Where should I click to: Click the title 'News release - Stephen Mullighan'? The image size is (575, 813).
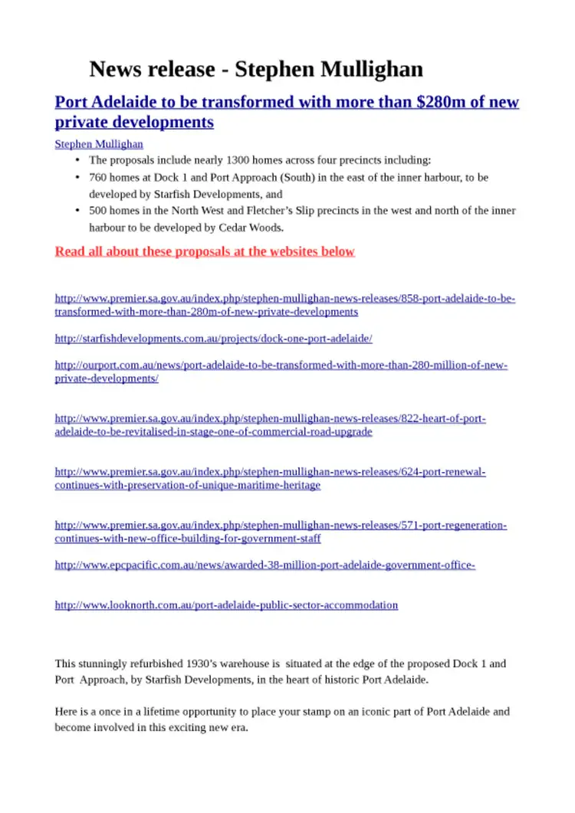click(256, 69)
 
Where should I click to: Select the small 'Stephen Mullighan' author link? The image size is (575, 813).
click(99, 143)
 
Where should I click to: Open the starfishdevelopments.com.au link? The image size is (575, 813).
click(214, 338)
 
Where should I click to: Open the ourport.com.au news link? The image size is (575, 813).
click(281, 366)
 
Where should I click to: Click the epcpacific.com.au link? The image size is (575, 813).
click(265, 565)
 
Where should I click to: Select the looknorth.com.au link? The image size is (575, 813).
click(226, 605)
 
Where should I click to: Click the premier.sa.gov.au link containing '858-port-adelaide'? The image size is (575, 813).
click(284, 298)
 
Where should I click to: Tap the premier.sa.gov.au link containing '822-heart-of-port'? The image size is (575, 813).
click(270, 418)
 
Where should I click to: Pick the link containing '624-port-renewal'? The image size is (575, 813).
click(270, 472)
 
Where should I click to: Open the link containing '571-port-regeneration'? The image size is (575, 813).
click(281, 526)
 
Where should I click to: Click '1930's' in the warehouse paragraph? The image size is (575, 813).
click(222, 664)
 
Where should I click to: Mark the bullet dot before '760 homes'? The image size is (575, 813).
click(77, 177)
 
